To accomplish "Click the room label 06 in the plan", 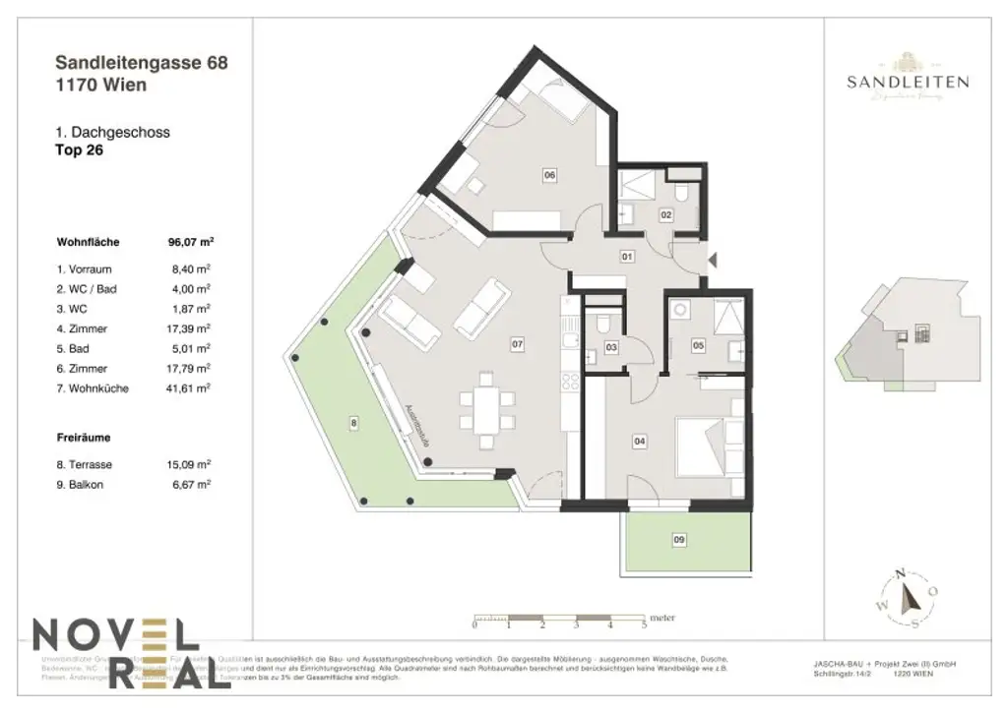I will pos(549,175).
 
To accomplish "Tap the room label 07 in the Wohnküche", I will pos(516,344).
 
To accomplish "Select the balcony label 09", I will pos(678,539).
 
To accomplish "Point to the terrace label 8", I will pos(354,423).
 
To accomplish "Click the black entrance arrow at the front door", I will pos(714,259).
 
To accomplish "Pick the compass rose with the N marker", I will pos(906,597).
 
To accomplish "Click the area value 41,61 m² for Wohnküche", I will pos(191,388).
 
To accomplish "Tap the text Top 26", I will pos(80,151).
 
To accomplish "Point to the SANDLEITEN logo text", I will pos(907,83).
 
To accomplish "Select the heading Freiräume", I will pos(84,440).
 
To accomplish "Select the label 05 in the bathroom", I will pos(698,345).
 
